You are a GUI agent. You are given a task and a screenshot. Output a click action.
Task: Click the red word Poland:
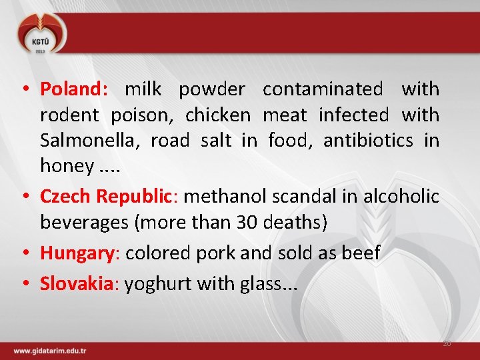(x=73, y=89)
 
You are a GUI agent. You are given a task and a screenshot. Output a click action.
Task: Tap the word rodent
(x=69, y=115)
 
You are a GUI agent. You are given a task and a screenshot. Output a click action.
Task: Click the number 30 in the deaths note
(x=246, y=223)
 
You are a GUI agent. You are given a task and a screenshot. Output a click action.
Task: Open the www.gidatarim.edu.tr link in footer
(x=50, y=351)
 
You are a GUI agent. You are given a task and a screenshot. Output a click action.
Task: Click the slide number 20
(x=447, y=343)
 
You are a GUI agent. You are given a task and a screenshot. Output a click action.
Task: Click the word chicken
(x=217, y=115)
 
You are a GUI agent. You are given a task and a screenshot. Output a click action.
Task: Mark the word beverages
(x=85, y=223)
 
